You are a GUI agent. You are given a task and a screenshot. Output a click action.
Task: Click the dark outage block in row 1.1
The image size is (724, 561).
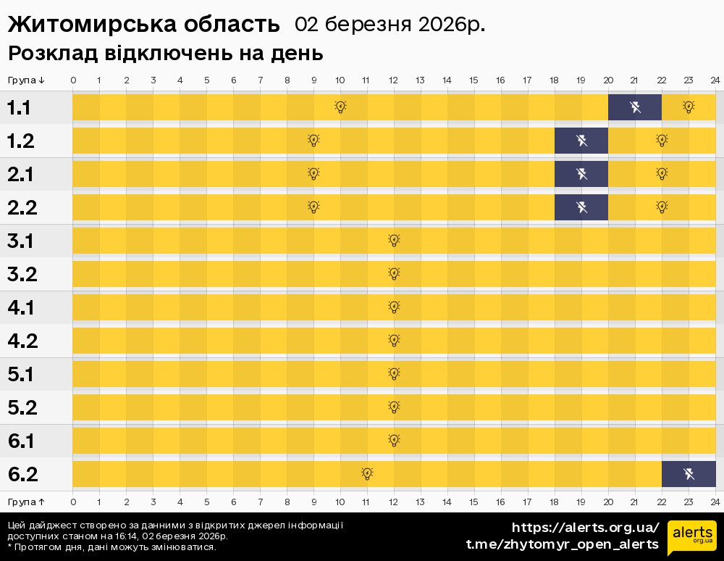(635, 107)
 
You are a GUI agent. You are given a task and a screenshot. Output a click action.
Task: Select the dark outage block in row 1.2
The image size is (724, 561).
(581, 141)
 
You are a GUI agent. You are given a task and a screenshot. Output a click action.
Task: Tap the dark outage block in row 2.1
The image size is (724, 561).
(581, 174)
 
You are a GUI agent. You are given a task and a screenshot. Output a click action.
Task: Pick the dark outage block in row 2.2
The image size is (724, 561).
(581, 207)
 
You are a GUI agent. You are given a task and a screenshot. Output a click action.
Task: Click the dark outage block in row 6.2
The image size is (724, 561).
(689, 474)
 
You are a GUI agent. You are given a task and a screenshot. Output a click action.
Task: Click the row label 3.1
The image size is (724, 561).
(22, 241)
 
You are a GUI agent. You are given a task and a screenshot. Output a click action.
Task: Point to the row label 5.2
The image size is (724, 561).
(22, 408)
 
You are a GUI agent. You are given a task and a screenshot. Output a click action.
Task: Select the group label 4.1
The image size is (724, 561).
(22, 308)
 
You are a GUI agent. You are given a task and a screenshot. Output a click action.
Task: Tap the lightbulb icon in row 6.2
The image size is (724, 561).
(367, 474)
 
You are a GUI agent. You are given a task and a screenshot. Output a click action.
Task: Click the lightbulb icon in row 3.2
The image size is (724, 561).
(394, 274)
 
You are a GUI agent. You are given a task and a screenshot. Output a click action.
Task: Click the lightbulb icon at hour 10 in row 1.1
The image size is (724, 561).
(340, 107)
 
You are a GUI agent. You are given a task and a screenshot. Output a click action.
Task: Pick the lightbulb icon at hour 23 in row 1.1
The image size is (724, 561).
(689, 107)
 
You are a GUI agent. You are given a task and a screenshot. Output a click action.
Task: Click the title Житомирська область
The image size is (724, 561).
(143, 24)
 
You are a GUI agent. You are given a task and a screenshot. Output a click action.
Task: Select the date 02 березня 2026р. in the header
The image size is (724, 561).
(390, 24)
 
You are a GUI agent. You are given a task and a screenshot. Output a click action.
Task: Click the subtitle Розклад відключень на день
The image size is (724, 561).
(165, 54)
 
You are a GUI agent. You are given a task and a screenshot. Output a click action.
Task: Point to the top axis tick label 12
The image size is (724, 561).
(393, 80)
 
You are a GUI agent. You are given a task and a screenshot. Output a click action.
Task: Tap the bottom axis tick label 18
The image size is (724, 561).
(554, 502)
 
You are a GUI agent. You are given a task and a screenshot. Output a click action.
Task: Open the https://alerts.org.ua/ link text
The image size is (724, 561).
(585, 527)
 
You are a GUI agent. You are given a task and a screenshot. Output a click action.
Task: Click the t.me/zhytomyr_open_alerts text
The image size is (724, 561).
(562, 544)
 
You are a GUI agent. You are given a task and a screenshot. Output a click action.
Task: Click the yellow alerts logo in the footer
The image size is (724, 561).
(692, 537)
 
